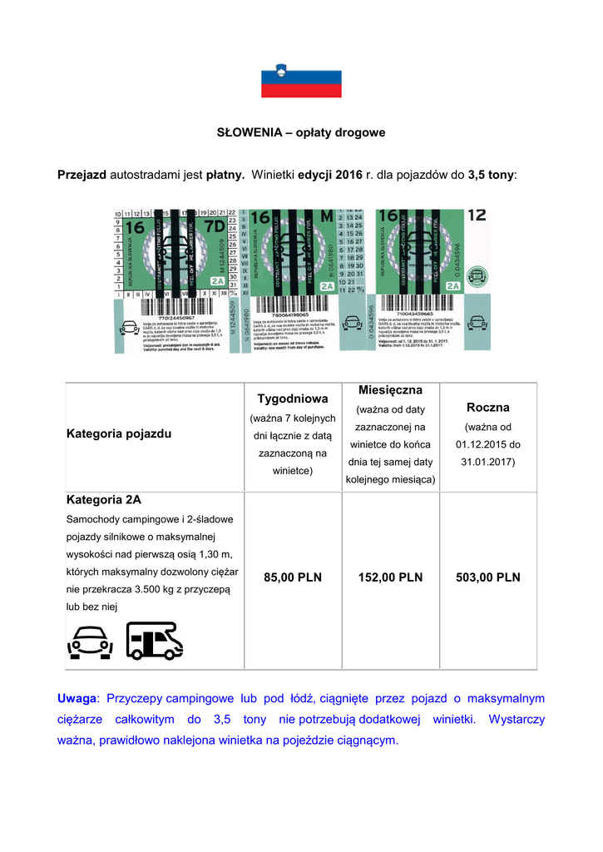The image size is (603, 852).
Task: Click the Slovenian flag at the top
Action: coord(301,81)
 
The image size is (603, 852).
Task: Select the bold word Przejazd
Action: coord(82,175)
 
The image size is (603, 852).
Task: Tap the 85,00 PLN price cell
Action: coord(292,577)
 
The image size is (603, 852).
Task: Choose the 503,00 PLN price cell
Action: coord(488,577)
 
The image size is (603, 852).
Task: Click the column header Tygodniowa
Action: coord(292,399)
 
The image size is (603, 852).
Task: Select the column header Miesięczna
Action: coord(391,390)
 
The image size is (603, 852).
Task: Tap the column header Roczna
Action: coord(488,408)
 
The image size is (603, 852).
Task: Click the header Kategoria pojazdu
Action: coord(119,434)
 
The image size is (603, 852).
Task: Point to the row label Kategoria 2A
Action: coord(104,501)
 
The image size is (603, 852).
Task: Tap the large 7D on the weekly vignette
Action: coord(214,227)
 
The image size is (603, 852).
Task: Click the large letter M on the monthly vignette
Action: coord(326,217)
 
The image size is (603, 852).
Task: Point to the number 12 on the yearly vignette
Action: coord(477,215)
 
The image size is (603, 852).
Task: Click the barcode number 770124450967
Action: coord(170,317)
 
